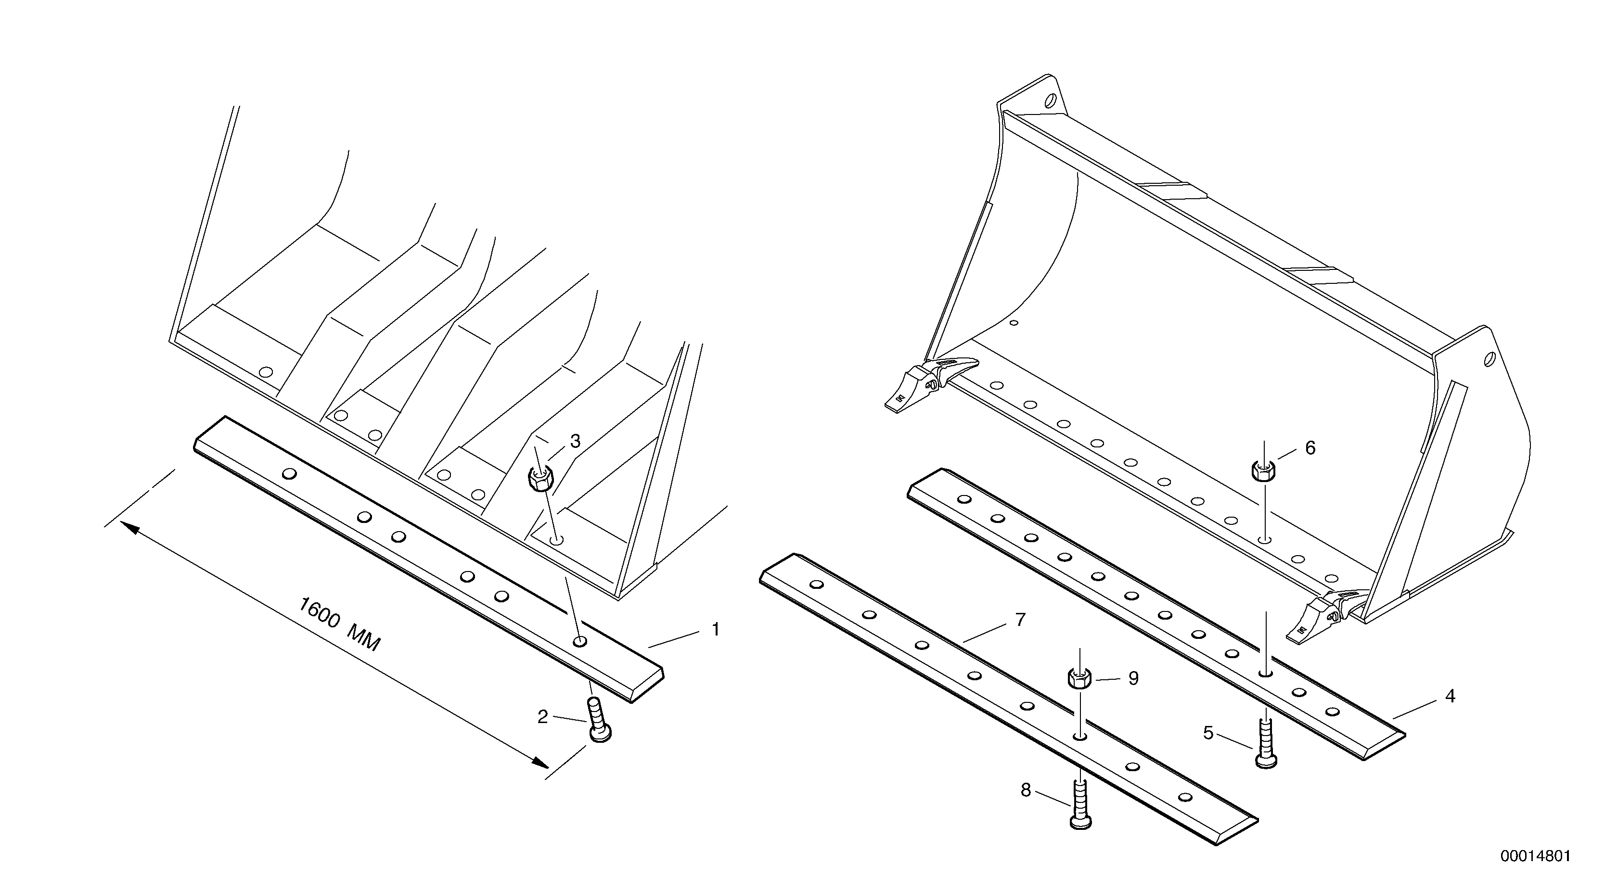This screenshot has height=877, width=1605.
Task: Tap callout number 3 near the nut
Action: [575, 441]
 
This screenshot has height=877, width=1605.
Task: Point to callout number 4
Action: [1450, 696]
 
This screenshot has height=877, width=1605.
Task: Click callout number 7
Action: [1020, 620]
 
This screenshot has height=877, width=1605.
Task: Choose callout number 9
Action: [1133, 678]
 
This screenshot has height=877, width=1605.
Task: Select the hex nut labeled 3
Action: [539, 478]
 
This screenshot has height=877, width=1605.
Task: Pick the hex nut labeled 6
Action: [1264, 470]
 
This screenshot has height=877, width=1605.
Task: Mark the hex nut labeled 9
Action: [1080, 678]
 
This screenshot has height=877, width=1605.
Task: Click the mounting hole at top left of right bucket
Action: [1051, 100]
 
